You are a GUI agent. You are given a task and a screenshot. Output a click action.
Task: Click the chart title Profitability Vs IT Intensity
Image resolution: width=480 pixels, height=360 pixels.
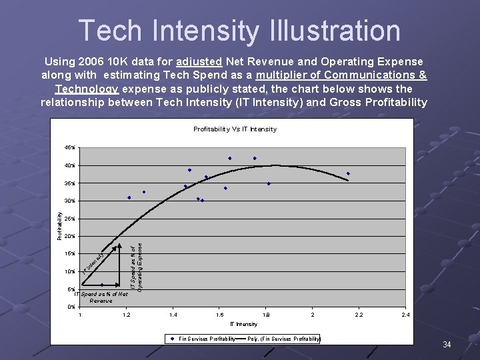[235, 129]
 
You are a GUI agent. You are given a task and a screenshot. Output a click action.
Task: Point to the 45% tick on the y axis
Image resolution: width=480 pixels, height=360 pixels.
[70, 147]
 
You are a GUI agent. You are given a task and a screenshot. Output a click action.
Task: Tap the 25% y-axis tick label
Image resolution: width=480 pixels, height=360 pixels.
[70, 219]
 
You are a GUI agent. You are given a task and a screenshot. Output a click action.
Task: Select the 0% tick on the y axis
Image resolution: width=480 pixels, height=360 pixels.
[71, 307]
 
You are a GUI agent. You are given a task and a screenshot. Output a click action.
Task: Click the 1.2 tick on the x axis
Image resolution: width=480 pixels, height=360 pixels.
[126, 315]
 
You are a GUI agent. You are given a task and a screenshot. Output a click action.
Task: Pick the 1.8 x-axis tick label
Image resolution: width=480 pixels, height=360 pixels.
[267, 315]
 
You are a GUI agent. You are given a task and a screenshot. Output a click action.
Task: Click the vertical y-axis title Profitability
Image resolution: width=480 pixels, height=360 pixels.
[59, 227]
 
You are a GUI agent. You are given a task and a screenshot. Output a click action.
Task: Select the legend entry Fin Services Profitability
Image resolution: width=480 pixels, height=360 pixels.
[207, 339]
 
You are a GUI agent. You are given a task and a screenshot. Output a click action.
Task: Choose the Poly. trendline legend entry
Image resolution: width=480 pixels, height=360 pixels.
[283, 339]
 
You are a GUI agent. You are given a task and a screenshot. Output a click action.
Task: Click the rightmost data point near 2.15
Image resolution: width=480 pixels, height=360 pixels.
[348, 174]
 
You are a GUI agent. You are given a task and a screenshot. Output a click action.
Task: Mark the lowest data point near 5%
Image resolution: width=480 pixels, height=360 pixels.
[102, 285]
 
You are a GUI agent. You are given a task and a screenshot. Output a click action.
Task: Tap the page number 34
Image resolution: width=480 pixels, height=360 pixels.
[447, 345]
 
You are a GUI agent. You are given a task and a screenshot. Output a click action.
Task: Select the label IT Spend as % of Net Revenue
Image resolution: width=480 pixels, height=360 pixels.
[101, 297]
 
